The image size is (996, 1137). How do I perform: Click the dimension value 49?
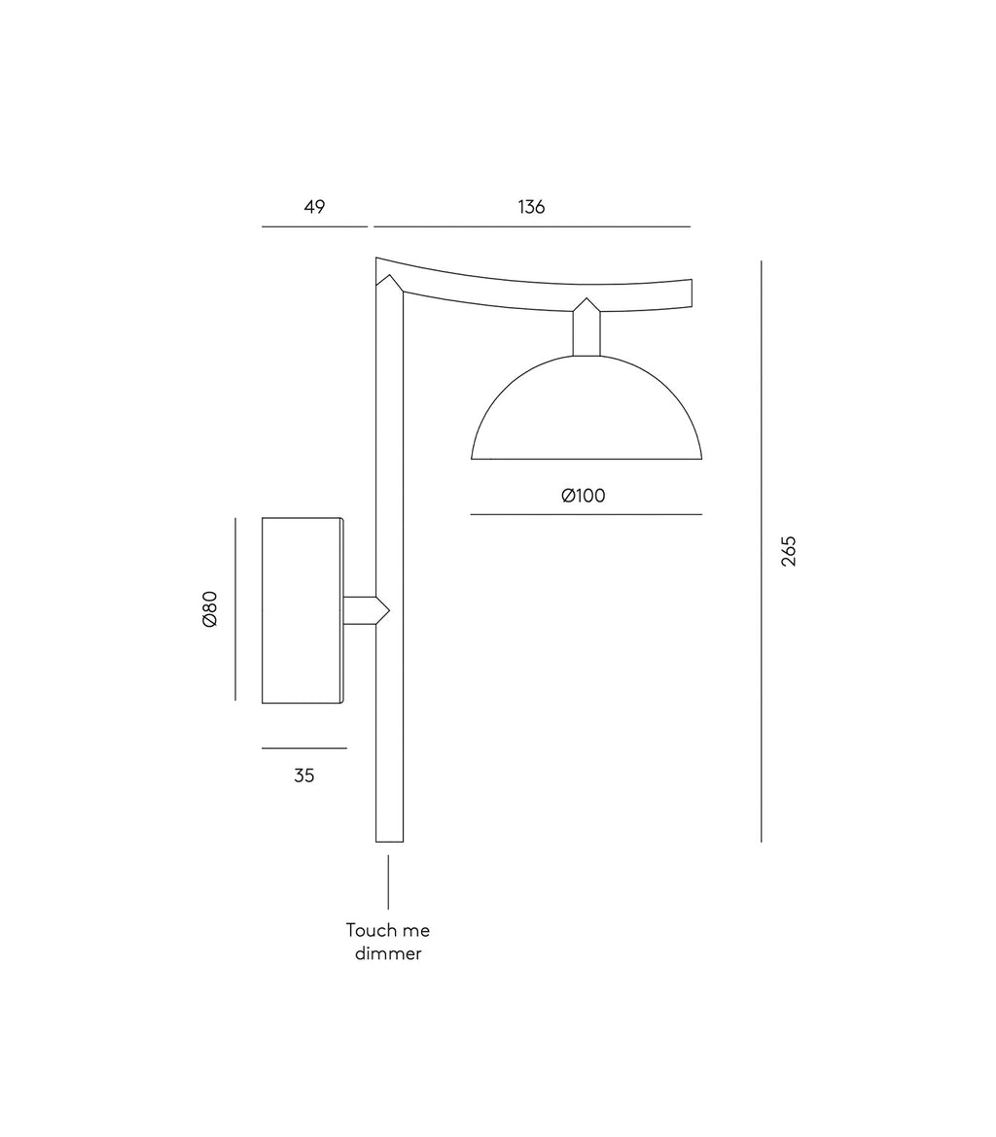[x=314, y=207]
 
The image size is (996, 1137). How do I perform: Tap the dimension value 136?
[x=531, y=207]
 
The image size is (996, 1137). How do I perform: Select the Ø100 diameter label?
[x=584, y=496]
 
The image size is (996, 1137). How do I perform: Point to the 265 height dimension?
[x=788, y=551]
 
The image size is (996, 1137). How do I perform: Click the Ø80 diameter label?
[x=210, y=608]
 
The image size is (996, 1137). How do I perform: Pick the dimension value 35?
[x=304, y=775]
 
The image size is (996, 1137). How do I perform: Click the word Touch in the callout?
[x=368, y=930]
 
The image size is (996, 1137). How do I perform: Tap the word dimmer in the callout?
[x=388, y=953]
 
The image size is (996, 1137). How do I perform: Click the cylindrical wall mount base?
[x=302, y=610]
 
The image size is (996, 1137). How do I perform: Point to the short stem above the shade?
[x=587, y=330]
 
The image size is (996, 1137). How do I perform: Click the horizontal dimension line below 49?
[x=314, y=226]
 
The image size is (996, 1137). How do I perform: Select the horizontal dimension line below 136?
[x=532, y=226]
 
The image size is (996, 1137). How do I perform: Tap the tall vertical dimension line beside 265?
[x=762, y=551]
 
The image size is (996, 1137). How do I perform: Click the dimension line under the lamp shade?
[x=587, y=514]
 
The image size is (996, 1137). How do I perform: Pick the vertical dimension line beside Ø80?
[x=235, y=608]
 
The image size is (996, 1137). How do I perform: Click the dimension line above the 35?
[x=304, y=748]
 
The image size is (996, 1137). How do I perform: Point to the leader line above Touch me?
[x=388, y=881]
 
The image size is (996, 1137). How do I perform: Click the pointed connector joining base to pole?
[x=366, y=610]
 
